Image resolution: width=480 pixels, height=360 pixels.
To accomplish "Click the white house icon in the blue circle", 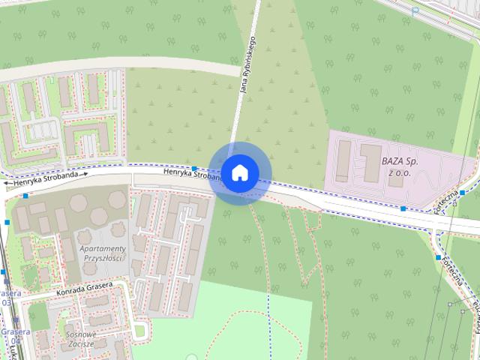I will tap(239, 172).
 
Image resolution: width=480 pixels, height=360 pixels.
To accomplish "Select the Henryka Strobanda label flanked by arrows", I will tap(46, 178).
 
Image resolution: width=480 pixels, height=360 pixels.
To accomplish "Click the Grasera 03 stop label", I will tap(7, 297).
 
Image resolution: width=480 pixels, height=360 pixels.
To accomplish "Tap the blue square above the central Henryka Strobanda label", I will tap(194, 169).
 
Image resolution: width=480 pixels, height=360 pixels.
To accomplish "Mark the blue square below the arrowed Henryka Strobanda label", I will tap(26, 196).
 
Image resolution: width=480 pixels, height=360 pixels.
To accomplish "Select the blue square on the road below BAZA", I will tap(403, 208).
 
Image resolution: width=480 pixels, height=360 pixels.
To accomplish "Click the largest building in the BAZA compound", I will tap(370, 163).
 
